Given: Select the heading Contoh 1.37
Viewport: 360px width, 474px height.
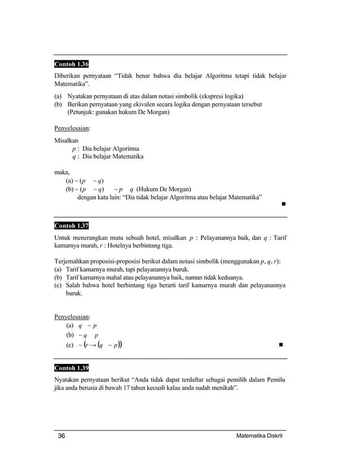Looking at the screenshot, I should (71, 226).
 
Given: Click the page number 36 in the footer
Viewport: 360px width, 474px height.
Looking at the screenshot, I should (62, 437).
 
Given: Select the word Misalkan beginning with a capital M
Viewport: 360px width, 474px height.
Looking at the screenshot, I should (66, 139).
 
